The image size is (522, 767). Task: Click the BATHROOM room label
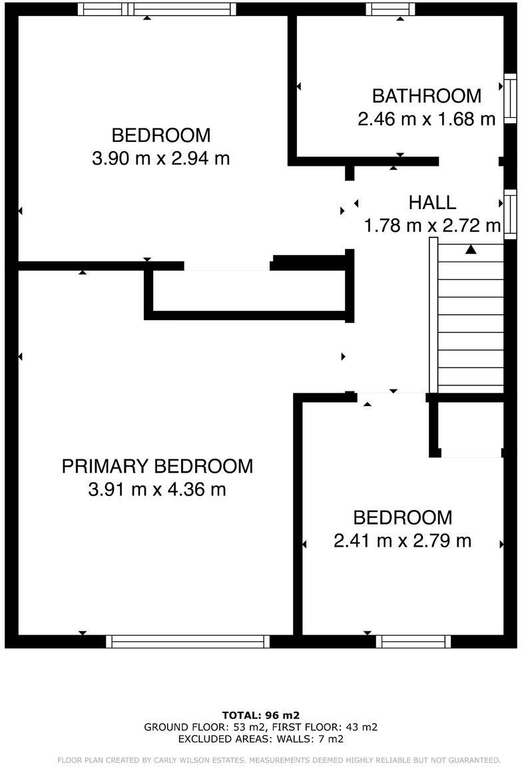pyautogui.click(x=426, y=96)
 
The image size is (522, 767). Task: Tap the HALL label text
pyautogui.click(x=432, y=202)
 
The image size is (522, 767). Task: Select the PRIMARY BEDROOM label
pyautogui.click(x=157, y=466)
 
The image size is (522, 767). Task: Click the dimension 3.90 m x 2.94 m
pyautogui.click(x=160, y=159)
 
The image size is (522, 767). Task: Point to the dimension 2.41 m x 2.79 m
pyautogui.click(x=402, y=541)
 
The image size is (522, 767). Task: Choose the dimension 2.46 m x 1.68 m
pyautogui.click(x=426, y=120)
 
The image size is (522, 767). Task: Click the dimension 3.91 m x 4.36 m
pyautogui.click(x=157, y=490)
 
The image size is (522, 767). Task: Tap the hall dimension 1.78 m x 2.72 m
pyautogui.click(x=432, y=226)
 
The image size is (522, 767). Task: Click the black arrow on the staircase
pyautogui.click(x=471, y=250)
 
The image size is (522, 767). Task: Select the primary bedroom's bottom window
pyautogui.click(x=188, y=641)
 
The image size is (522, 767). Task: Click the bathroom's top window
pyautogui.click(x=390, y=9)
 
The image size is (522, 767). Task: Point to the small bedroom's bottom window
pyautogui.click(x=413, y=641)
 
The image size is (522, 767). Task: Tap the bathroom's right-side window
pyautogui.click(x=510, y=99)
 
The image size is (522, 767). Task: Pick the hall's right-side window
pyautogui.click(x=510, y=214)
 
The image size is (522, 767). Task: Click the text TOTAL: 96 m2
pyautogui.click(x=261, y=716)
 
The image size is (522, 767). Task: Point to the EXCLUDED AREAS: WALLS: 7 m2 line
pyautogui.click(x=261, y=738)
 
